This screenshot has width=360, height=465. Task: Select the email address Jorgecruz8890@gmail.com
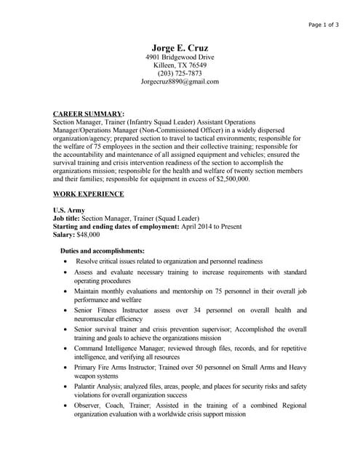tap(180, 82)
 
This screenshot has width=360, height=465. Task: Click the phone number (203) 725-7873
tap(180, 73)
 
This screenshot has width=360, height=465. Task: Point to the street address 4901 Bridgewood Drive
tap(180, 57)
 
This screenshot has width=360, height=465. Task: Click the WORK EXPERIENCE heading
tap(89, 194)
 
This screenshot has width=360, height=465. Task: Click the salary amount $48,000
tap(88, 235)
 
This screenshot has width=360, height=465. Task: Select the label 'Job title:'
tap(67, 218)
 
